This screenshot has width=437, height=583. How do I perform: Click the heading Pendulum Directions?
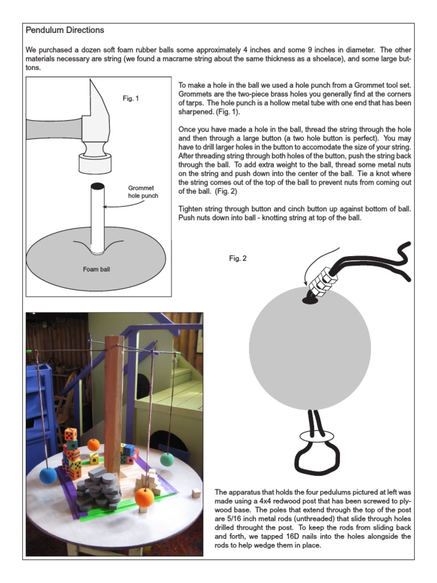coord(65,30)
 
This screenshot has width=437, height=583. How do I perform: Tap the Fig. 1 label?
coord(131,98)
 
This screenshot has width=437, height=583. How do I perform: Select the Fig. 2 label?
coord(238,258)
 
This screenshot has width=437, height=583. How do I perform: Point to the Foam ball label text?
coord(97,269)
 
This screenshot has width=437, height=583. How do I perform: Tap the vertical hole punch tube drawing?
coord(98,216)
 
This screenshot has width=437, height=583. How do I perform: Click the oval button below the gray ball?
coord(316,437)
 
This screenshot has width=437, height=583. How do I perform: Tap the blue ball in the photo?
coord(47,475)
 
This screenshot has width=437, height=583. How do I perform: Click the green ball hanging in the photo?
coord(167,459)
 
